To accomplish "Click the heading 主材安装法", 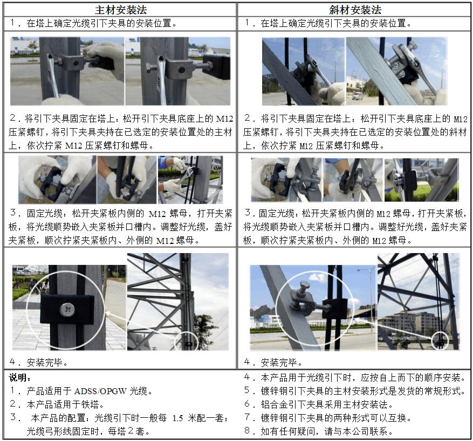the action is (121, 10).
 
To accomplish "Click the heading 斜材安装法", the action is (355, 10).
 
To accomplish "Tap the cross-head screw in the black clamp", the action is (66, 310).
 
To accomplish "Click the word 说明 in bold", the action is (18, 377).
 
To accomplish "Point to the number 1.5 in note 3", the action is (177, 418).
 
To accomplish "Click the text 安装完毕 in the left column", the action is (44, 362).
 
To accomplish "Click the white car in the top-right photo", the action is (358, 96).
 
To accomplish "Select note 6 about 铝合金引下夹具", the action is (319, 404).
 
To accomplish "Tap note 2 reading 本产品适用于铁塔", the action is (57, 404).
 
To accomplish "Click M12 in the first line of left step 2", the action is (224, 118).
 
